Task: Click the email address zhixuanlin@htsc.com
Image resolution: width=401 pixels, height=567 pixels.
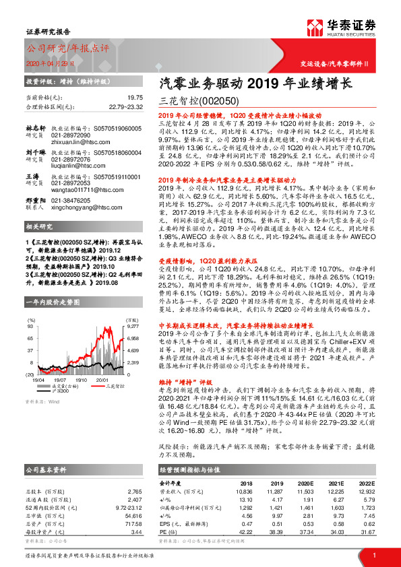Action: coord(75,142)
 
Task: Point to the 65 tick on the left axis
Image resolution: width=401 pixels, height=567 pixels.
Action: coord(31,338)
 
